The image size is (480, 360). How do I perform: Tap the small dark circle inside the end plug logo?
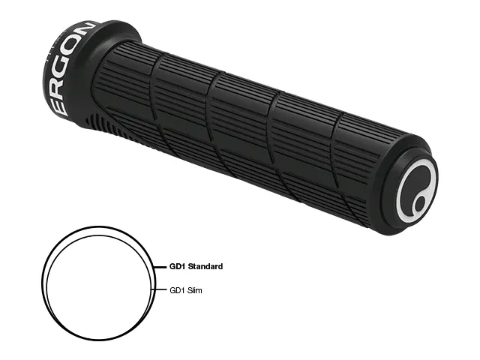click(421, 203)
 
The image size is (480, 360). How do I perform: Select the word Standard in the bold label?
click(205, 267)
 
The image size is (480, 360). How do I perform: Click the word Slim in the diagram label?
click(195, 290)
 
